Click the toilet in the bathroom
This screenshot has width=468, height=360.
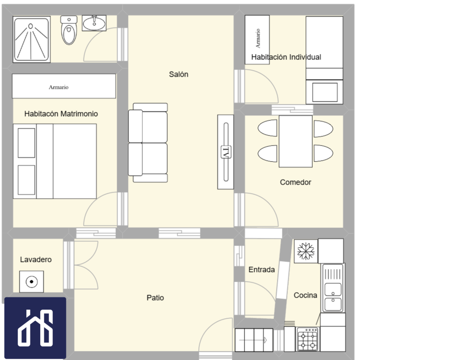tap(69, 30)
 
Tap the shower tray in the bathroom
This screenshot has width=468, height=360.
tap(31, 39)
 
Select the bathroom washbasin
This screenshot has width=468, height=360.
tap(94, 23)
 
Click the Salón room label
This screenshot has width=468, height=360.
tap(178, 74)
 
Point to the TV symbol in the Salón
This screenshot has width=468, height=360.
tap(226, 152)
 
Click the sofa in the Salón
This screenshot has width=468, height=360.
tap(148, 143)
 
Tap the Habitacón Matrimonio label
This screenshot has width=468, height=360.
tap(61, 114)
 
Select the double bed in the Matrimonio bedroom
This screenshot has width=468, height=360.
tap(55, 161)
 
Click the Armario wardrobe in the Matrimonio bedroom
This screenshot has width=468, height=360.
tap(64, 86)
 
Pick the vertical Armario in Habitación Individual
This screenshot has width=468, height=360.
tap(257, 40)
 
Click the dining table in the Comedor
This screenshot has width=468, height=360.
tap(295, 141)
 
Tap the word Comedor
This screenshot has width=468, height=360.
tap(295, 182)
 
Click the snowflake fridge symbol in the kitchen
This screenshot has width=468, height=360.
tap(306, 251)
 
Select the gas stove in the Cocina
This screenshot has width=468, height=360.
tap(308, 339)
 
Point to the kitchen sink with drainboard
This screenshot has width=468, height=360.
tap(333, 288)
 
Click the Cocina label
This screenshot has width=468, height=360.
tap(305, 295)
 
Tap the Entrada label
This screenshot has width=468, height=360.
tap(262, 270)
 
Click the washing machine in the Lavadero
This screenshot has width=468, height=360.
tap(31, 281)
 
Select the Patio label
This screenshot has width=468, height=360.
tap(155, 298)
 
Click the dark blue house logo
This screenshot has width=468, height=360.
tap(35, 328)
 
